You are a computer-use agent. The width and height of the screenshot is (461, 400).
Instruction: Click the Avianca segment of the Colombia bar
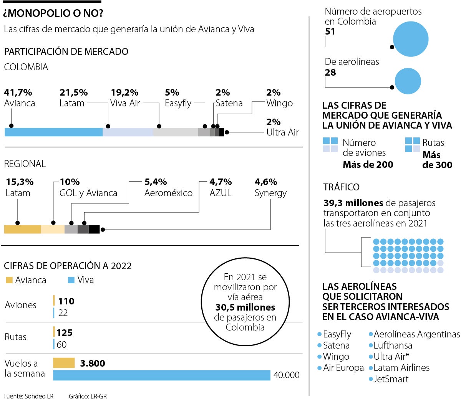point(54,132)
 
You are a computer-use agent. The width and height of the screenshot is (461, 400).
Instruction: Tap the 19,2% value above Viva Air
point(124,93)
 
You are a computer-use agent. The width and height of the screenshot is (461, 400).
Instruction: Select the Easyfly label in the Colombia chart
point(178,103)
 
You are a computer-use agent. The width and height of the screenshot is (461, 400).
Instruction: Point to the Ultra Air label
point(282,132)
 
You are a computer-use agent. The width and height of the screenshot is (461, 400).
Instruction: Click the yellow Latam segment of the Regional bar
point(22,229)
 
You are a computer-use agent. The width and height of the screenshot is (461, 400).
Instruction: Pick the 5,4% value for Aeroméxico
point(156,182)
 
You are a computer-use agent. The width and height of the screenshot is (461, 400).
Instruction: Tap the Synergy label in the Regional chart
point(270,193)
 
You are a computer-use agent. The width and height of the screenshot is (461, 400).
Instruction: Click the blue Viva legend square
point(71,280)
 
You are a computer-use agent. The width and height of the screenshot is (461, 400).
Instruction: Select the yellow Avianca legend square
point(9,280)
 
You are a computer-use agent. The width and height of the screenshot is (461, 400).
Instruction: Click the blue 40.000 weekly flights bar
point(161,375)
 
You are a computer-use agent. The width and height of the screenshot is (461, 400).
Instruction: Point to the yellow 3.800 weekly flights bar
point(64,363)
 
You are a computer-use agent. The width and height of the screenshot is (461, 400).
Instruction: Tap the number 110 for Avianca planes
point(66,301)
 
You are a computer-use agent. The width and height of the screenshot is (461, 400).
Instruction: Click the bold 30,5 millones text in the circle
point(245,307)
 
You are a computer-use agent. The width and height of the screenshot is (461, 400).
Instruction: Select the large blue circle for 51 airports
point(411,39)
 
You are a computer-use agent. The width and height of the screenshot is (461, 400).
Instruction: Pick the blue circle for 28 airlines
point(408,81)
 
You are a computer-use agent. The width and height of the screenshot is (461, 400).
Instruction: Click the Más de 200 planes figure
point(368,165)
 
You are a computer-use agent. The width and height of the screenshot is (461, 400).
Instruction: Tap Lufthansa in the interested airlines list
point(393,345)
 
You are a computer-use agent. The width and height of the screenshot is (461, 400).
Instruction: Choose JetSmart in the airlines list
point(391,379)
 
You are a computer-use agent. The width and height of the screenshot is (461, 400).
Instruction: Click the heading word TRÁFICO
point(342,187)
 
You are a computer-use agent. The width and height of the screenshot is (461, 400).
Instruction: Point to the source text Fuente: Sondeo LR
point(28,396)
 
